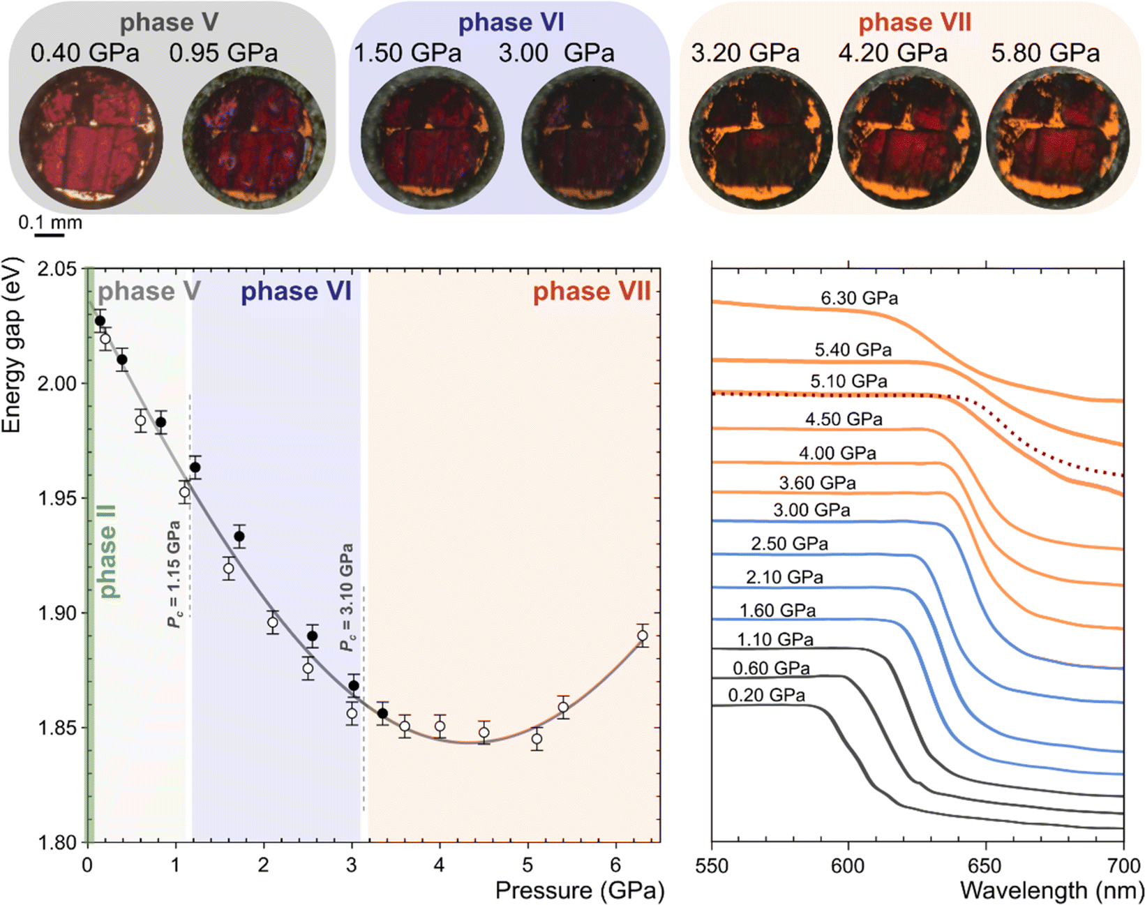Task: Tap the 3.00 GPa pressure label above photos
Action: [x=556, y=54]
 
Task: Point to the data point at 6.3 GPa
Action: [x=642, y=636]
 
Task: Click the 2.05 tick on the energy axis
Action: [x=60, y=269]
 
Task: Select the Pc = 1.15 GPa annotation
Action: [x=174, y=574]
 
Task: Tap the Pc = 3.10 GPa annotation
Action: [x=347, y=597]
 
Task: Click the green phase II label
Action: [x=108, y=551]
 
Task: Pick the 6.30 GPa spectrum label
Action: [x=859, y=299]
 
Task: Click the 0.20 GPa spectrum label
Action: [x=766, y=696]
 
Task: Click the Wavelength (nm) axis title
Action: [x=1052, y=891]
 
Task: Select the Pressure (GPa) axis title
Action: [x=579, y=891]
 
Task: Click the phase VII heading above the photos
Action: [x=914, y=23]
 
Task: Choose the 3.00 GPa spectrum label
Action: [x=811, y=511]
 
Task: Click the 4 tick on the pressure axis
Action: [x=440, y=866]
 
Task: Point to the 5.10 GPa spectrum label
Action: [x=848, y=382]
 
